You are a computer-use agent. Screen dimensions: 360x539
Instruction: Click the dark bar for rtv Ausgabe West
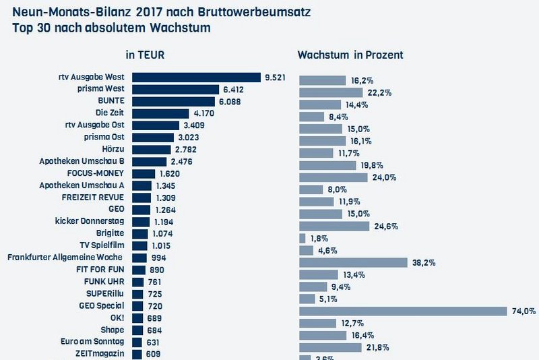(x=196, y=78)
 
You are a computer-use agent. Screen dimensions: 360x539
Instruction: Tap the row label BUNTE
(x=113, y=101)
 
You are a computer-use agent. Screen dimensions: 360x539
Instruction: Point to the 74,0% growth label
(x=524, y=311)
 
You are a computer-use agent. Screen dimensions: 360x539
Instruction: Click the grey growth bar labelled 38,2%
(x=353, y=262)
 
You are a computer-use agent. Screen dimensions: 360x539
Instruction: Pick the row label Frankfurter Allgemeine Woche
(x=65, y=258)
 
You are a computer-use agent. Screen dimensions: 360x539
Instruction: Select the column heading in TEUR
(x=145, y=55)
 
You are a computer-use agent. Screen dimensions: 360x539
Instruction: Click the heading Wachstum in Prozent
(x=350, y=55)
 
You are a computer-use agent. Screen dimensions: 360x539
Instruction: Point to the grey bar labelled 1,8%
(x=302, y=238)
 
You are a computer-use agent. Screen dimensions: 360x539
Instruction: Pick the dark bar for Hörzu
(x=152, y=149)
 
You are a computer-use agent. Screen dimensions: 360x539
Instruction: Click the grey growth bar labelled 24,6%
(x=334, y=226)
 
